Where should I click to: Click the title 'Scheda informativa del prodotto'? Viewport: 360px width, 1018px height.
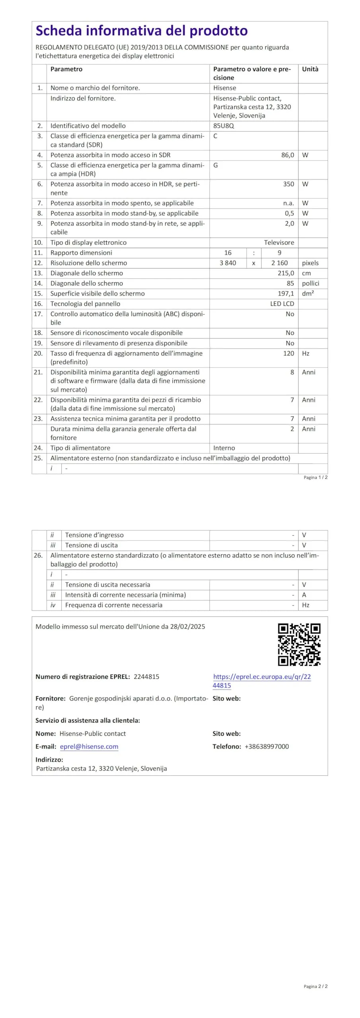click(x=142, y=31)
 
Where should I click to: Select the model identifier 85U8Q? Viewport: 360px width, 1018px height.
click(x=224, y=126)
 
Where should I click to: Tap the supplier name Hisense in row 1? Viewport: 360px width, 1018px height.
click(x=224, y=88)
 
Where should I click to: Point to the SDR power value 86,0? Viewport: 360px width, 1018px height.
click(x=287, y=155)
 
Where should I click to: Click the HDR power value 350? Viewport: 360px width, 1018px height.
click(x=288, y=184)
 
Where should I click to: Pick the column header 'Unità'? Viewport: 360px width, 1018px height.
click(x=310, y=69)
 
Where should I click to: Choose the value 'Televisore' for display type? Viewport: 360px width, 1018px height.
click(x=279, y=243)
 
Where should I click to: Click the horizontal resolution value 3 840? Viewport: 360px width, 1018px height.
click(x=228, y=263)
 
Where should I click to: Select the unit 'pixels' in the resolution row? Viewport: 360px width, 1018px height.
click(x=310, y=263)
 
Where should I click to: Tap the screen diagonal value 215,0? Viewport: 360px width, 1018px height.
click(x=286, y=273)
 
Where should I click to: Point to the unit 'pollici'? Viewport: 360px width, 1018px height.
click(x=310, y=284)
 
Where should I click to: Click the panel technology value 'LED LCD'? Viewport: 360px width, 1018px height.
click(x=282, y=304)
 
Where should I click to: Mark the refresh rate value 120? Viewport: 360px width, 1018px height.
click(x=288, y=354)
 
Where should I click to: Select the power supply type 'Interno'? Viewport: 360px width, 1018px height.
click(x=224, y=448)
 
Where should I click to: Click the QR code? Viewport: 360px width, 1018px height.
click(x=299, y=645)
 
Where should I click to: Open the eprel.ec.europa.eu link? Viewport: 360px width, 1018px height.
click(x=262, y=677)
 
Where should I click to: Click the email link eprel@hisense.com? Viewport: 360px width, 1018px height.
click(x=89, y=747)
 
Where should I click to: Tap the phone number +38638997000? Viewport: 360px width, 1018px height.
click(x=267, y=747)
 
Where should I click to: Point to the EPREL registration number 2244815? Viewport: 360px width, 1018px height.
click(x=146, y=677)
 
